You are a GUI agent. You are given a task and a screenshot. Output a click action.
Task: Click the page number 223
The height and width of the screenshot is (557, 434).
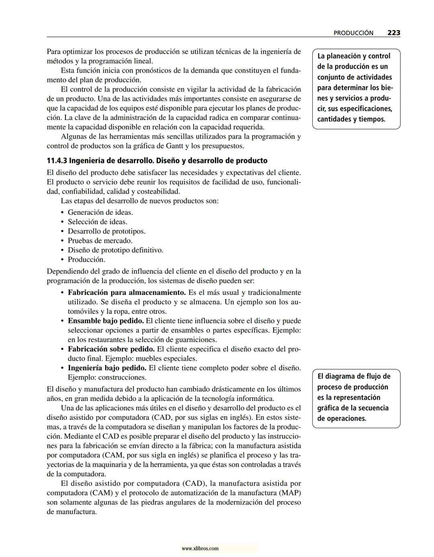tap(393, 33)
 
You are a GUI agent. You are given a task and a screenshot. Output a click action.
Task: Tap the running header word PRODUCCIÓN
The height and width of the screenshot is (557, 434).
tap(353, 33)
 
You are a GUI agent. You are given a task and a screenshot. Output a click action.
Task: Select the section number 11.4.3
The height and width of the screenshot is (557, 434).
tap(57, 161)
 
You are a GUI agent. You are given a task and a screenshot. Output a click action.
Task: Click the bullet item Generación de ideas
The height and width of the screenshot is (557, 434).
tap(100, 212)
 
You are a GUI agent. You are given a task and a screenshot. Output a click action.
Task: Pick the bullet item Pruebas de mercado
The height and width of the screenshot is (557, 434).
tap(100, 241)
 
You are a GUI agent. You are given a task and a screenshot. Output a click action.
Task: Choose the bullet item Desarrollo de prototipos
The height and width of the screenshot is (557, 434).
tap(106, 231)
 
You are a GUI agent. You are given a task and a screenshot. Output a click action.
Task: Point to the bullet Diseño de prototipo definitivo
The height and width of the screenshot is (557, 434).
tap(115, 250)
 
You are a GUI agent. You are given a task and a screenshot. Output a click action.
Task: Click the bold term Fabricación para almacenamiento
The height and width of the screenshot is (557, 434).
tap(127, 293)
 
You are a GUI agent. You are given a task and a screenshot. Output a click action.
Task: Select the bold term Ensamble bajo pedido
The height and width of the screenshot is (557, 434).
tap(106, 321)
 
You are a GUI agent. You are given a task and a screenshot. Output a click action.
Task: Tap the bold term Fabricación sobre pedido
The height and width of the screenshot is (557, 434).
tap(111, 349)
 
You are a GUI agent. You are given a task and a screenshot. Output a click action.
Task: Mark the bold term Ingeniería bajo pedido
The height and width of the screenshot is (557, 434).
tap(107, 368)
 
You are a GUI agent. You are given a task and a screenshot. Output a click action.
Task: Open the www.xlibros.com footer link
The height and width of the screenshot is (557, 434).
tap(200, 549)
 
